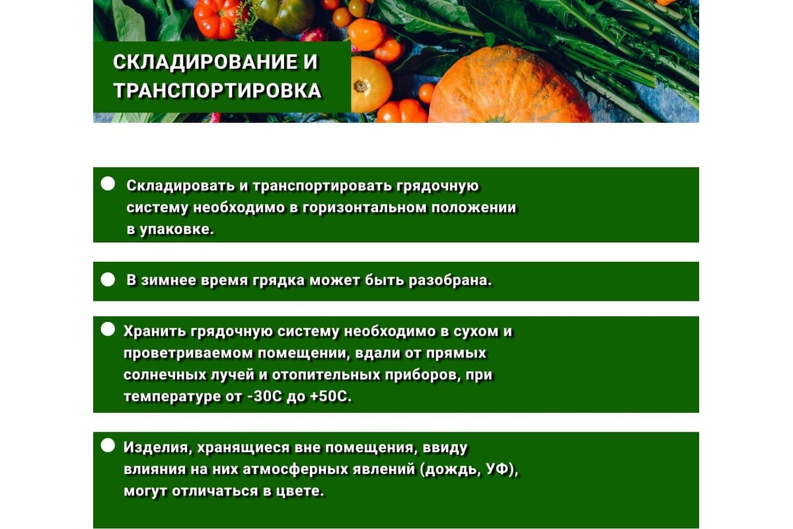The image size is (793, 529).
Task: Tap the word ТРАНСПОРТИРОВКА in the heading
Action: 217,91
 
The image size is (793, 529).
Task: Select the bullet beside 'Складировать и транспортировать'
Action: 108,184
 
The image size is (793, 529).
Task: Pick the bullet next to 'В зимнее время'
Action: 108,280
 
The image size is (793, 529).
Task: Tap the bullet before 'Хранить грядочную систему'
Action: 108,329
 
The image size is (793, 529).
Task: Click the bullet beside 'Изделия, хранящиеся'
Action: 108,446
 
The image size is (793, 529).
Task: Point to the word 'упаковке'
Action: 176,230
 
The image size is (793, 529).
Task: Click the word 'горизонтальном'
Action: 365,208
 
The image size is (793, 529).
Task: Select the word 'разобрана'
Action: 450,280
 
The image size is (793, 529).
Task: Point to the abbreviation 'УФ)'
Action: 502,469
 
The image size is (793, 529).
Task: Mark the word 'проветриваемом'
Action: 188,354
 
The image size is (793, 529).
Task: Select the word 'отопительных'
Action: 326,375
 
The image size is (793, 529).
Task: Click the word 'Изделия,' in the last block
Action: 158,448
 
